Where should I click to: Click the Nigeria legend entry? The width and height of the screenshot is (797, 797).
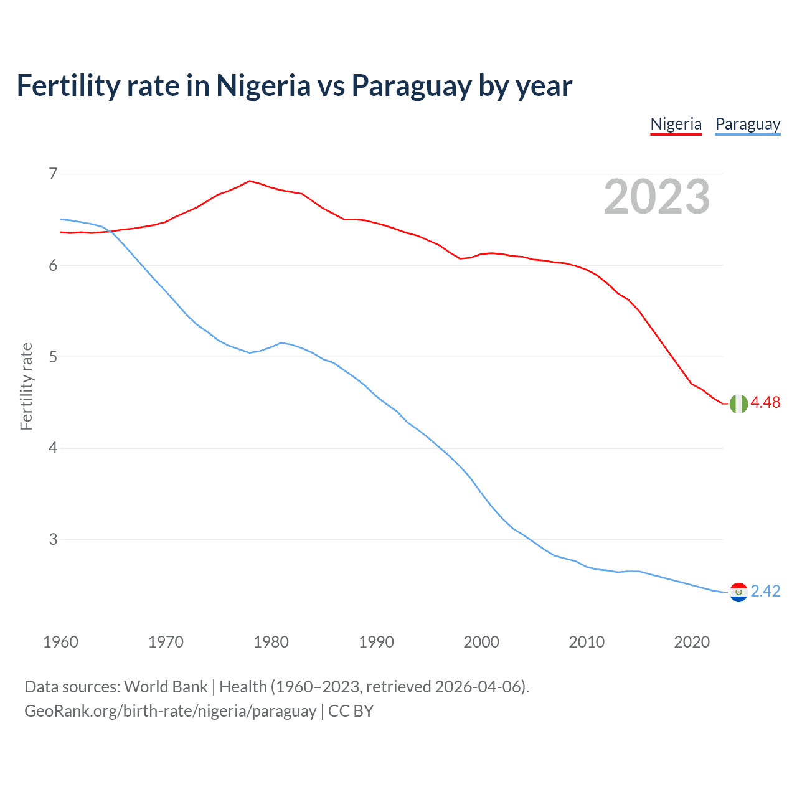[676, 124]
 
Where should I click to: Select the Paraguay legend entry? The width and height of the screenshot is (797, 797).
[747, 124]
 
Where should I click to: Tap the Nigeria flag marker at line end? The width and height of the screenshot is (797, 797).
[738, 403]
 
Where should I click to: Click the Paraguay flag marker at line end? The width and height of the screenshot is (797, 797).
[738, 592]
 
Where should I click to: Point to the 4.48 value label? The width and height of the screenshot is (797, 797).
[765, 403]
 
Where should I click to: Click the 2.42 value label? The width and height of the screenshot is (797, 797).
[765, 592]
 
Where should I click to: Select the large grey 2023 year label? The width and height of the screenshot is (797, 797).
[657, 197]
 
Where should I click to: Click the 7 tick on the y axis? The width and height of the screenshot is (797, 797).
[53, 174]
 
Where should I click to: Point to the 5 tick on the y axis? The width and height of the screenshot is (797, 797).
[53, 357]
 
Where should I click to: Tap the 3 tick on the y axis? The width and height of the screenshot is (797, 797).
[53, 539]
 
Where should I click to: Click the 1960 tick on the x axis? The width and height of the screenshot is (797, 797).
[60, 642]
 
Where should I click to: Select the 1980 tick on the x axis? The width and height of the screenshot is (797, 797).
[271, 642]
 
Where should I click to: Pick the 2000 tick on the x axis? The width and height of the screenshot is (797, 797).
[481, 642]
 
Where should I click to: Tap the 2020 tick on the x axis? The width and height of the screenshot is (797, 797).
[692, 642]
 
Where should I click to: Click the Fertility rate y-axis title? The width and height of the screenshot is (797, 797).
[26, 386]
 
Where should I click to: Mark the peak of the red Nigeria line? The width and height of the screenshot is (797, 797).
[250, 181]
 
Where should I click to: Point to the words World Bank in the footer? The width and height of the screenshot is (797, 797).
[166, 687]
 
